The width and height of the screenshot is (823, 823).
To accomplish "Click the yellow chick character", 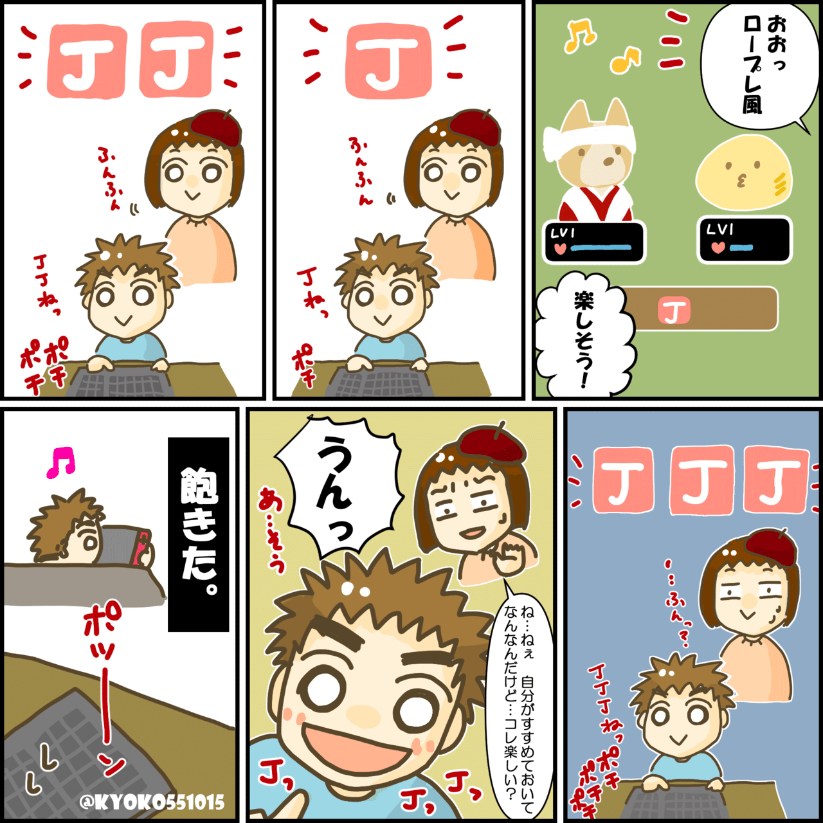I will pos(743,174).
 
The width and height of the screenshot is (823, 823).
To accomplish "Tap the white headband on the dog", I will pos(588,138).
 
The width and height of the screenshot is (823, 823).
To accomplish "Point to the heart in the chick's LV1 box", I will pos(718,248).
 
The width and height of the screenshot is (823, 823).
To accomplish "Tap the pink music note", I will pos(61,462).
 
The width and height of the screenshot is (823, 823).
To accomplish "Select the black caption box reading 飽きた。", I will pos(198,534).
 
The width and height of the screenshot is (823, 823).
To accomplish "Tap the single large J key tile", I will pos(388,61).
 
